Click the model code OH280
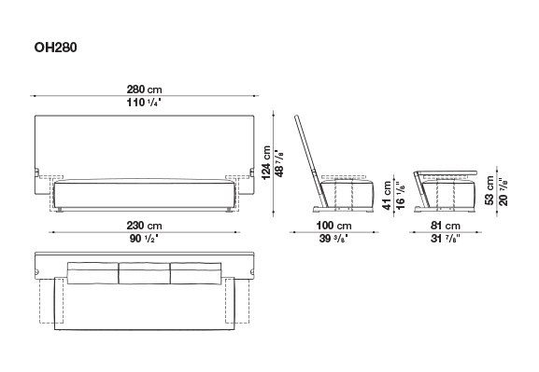pyautogui.click(x=55, y=48)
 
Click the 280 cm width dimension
pyautogui.click(x=144, y=90)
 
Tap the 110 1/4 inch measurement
pyautogui.click(x=144, y=103)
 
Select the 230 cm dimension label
pyautogui.click(x=144, y=226)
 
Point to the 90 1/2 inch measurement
pyautogui.click(x=144, y=239)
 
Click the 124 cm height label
pyautogui.click(x=266, y=162)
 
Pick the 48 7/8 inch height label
pyautogui.click(x=279, y=162)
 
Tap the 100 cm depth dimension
pyautogui.click(x=333, y=226)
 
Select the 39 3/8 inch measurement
pyautogui.click(x=333, y=239)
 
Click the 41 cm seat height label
pyautogui.click(x=388, y=195)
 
